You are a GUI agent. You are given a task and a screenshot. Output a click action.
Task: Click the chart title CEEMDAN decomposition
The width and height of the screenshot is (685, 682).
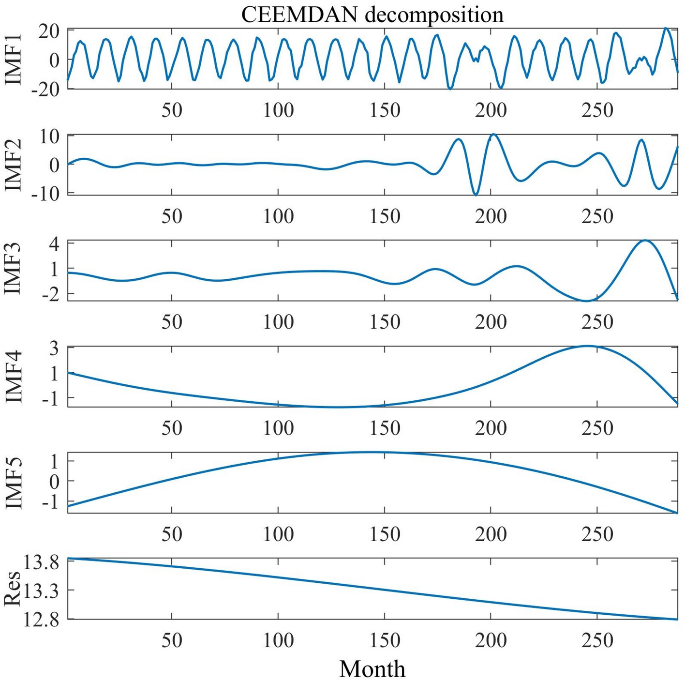[x=372, y=15]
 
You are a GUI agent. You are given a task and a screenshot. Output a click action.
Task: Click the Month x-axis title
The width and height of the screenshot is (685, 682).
[x=372, y=669]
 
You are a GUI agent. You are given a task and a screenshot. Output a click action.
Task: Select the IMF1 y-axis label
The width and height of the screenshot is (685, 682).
[x=13, y=59]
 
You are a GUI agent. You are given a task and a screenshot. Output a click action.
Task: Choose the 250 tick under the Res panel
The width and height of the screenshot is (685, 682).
[x=597, y=640]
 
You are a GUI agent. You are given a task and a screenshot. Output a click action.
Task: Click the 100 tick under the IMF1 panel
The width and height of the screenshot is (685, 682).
[x=278, y=110]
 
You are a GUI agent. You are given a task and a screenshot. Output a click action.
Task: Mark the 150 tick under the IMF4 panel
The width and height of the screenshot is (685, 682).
[x=385, y=428]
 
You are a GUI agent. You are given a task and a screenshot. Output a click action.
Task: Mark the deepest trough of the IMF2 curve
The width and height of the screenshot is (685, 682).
[x=476, y=195]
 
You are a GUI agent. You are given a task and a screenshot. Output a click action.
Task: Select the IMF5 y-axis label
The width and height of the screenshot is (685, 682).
[x=13, y=482]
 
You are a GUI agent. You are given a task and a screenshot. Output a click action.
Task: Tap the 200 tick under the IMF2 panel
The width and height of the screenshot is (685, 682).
[x=491, y=216]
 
